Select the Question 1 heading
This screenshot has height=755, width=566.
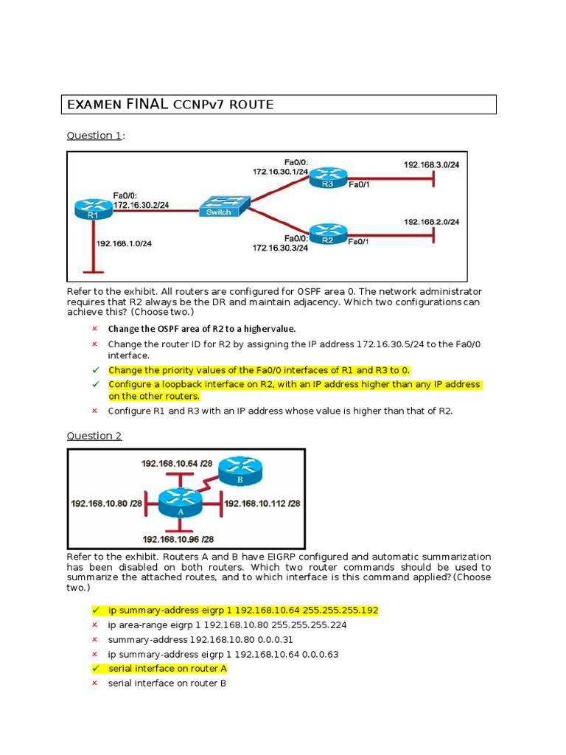[94, 136]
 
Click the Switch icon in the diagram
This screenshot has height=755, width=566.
[223, 206]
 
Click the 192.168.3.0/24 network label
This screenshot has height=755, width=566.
[431, 165]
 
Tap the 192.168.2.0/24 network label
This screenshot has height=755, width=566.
[431, 221]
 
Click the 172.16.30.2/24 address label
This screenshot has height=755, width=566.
[141, 205]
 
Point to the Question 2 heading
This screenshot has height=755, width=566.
[94, 436]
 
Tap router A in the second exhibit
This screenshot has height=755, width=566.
[180, 504]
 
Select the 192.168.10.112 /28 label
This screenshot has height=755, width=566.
[262, 504]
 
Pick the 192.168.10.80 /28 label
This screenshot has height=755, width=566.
[106, 504]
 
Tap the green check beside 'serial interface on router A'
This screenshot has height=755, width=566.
[94, 668]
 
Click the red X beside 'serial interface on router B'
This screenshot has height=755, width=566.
[94, 683]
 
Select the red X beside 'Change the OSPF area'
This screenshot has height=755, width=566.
[94, 329]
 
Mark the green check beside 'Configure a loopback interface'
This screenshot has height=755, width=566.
[94, 384]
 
